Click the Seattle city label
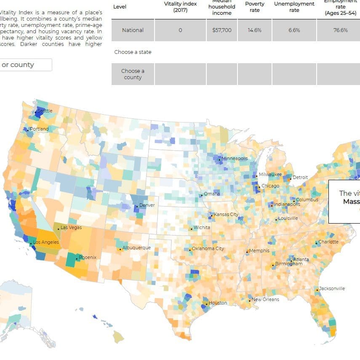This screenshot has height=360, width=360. tap(45, 111)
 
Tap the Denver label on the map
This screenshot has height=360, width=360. tap(147, 205)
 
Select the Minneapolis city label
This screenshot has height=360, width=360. tap(235, 158)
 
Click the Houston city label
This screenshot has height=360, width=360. tap(218, 303)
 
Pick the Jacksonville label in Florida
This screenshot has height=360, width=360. tap(332, 288)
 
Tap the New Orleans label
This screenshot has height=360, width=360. tap(265, 299)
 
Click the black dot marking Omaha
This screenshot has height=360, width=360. tap(202, 195)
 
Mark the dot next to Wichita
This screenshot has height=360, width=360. tap(191, 229)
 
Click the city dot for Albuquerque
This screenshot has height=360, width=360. tap(120, 249)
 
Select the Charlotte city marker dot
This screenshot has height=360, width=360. tap(316, 243)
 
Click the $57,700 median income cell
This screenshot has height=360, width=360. tap(222, 30)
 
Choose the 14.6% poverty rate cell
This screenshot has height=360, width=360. tap(255, 30)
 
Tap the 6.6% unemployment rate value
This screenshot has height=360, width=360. tap(294, 30)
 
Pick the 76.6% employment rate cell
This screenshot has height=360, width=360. tap(340, 30)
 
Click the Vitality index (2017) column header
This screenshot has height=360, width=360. tap(180, 7)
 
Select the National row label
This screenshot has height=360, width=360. tap(133, 30)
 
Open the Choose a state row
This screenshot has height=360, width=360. tap(133, 52)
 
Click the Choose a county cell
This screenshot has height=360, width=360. tap(133, 74)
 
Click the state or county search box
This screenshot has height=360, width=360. tap(25, 65)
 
